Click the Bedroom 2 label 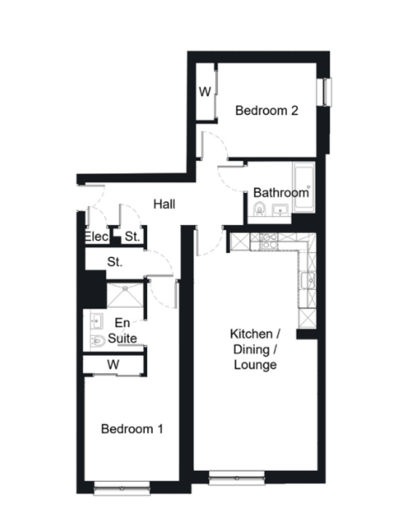coord(267,111)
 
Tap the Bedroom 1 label coord(132,429)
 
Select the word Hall coord(165,204)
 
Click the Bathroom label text coord(281,192)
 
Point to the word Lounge coord(255,365)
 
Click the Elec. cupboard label coord(97,237)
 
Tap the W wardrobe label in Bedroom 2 coord(205,91)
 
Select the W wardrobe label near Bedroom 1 coord(113,365)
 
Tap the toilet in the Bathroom coord(259,209)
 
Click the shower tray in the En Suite coord(125,295)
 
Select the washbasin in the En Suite coord(96,321)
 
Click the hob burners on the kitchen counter coord(268,242)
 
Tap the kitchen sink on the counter coord(307,280)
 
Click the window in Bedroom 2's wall coord(324,92)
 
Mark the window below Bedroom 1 coord(122,489)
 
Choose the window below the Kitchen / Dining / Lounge coord(237,478)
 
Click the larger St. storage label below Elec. coord(114,262)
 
